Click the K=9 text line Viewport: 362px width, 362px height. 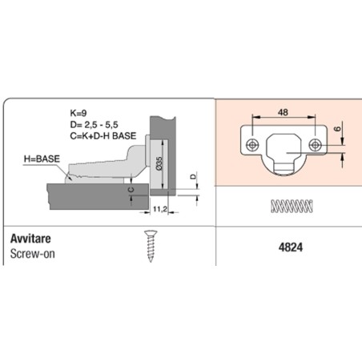[x=78, y=113]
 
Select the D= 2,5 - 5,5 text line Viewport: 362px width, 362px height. [x=94, y=125]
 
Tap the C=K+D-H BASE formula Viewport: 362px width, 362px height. [x=103, y=136]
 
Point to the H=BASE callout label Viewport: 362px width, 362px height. [x=42, y=159]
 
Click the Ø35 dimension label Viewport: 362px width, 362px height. [x=159, y=163]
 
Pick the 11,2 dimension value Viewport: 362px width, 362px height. [x=160, y=209]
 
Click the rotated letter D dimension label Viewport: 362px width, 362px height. [x=193, y=176]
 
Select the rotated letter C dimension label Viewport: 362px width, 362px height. [x=131, y=190]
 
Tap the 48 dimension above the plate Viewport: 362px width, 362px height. [x=283, y=112]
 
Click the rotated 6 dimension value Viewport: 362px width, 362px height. [x=338, y=129]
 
